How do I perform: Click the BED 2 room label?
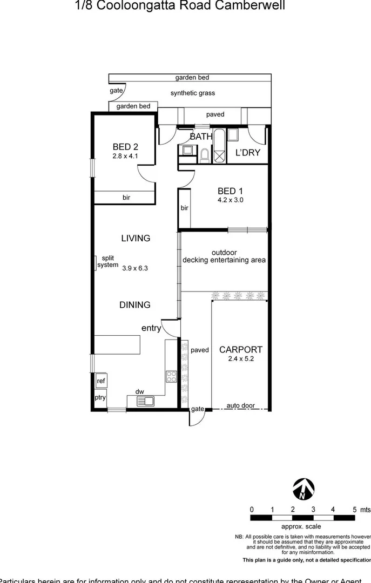click(126, 146)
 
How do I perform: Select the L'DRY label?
click(248, 153)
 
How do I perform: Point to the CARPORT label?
click(241, 350)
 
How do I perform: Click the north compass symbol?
click(302, 489)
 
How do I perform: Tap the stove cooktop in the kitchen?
click(172, 376)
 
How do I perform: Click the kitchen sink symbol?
click(146, 401)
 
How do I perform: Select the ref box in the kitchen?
click(101, 381)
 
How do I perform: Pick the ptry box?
click(100, 398)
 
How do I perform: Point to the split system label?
click(107, 262)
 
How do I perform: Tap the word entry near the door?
click(151, 328)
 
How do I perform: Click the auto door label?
click(240, 406)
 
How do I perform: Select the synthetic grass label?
click(193, 93)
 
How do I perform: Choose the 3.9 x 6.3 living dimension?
click(135, 267)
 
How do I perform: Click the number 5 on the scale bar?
click(355, 509)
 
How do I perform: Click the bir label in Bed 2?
click(126, 198)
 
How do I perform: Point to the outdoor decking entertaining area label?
click(224, 256)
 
